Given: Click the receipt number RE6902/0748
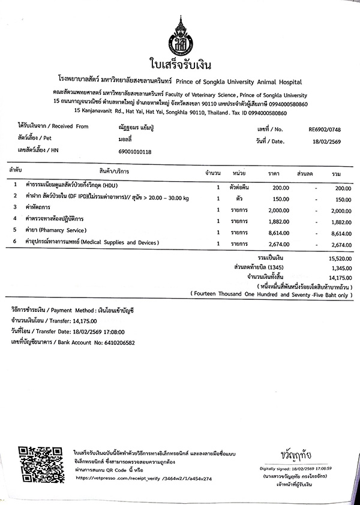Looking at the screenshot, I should tap(325, 128).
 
